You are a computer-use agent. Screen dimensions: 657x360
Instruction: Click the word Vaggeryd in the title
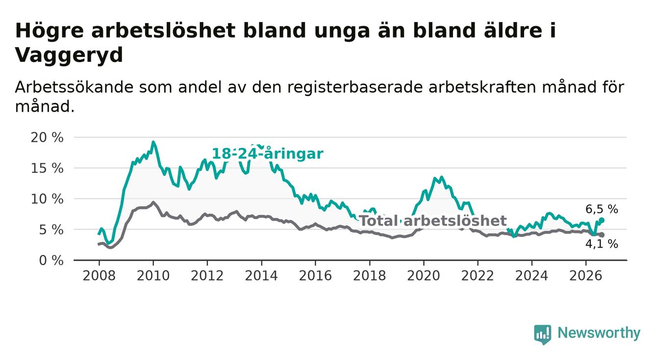pyautogui.click(x=69, y=55)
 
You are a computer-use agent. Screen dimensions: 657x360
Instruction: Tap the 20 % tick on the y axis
pyautogui.click(x=47, y=137)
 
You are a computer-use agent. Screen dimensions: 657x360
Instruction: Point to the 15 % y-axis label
pyautogui.click(x=47, y=168)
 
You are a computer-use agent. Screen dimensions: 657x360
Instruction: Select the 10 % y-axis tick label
pyautogui.click(x=47, y=199)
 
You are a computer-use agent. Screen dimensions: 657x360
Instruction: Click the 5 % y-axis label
pyautogui.click(x=51, y=230)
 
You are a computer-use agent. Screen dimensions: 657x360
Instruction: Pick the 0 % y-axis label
pyautogui.click(x=51, y=260)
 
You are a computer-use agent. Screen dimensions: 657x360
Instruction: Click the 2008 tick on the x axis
pyautogui.click(x=99, y=276)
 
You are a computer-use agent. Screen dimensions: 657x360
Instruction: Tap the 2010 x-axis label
pyautogui.click(x=153, y=276)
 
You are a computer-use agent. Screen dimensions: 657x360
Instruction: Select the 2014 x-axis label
pyautogui.click(x=261, y=276)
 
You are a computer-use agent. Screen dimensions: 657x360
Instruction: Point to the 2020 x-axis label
pyautogui.click(x=424, y=276)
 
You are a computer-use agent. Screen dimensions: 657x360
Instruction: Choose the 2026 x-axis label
pyautogui.click(x=586, y=276)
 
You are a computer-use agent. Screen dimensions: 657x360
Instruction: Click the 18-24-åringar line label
pyautogui.click(x=268, y=154)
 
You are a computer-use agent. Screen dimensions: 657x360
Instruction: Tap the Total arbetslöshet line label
pyautogui.click(x=433, y=221)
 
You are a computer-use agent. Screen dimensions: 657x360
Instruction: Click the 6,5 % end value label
pyautogui.click(x=602, y=209)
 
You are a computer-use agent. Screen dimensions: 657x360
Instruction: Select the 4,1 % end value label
pyautogui.click(x=602, y=244)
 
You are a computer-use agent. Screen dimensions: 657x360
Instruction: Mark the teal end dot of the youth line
pyautogui.click(x=602, y=220)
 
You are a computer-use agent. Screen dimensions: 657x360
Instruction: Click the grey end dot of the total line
pyautogui.click(x=602, y=235)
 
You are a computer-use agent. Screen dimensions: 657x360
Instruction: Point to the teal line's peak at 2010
pyautogui.click(x=153, y=142)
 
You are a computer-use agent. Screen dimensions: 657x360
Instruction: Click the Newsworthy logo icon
pyautogui.click(x=542, y=334)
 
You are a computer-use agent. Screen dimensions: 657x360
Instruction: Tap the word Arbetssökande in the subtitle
pyautogui.click(x=74, y=87)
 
